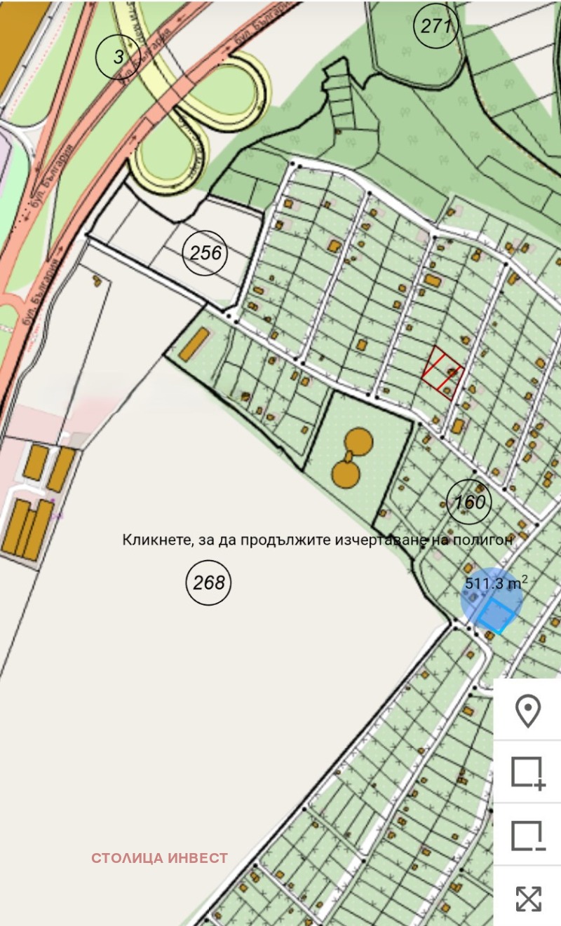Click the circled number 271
[436, 27]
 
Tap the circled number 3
[118, 57]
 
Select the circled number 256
[205, 252]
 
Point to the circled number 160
[469, 502]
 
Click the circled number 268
[208, 583]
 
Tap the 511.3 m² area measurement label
[496, 583]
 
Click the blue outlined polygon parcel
[497, 615]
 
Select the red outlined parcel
[442, 372]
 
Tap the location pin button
[527, 711]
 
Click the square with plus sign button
[527, 772]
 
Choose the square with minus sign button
[527, 836]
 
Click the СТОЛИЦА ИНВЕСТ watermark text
[159, 858]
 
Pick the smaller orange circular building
[344, 474]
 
